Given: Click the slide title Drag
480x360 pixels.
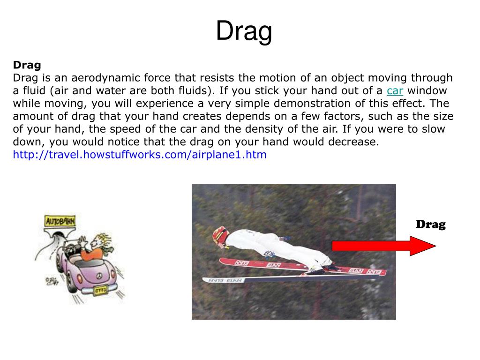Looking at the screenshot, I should click(244, 31).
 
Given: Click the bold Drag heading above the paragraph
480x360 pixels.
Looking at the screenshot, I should click(27, 65).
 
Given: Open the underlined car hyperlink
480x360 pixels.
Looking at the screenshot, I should click(395, 90).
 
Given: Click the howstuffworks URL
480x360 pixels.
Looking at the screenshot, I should click(140, 155).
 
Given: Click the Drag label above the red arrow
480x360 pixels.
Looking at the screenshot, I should click(431, 224).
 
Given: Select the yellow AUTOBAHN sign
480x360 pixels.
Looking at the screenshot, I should click(60, 220).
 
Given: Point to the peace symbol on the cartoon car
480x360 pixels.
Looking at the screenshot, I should click(98, 277).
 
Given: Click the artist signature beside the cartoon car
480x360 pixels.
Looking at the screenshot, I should click(51, 282).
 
